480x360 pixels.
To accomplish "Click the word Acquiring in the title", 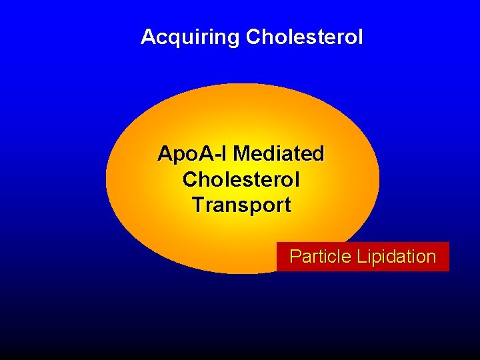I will point(191,37).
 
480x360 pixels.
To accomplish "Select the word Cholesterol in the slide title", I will point(305,37).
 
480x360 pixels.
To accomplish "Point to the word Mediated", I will point(279,155).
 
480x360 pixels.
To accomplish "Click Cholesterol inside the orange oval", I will point(241,180).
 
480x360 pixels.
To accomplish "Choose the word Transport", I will point(241,205).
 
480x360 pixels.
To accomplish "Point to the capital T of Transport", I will point(197,205).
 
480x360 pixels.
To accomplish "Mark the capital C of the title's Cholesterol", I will point(253,37).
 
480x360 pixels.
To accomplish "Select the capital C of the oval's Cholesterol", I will point(189,180).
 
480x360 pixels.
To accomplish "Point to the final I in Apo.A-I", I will point(226,155).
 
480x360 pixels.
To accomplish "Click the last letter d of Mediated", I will point(318,155).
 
